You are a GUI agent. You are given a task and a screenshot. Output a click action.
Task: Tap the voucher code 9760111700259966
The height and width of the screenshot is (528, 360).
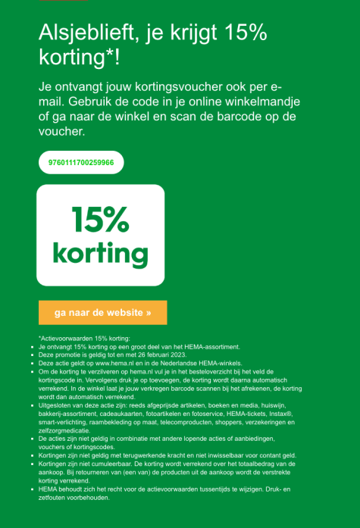[81, 163]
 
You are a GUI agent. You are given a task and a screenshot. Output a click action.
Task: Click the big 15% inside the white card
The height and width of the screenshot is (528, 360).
[100, 220]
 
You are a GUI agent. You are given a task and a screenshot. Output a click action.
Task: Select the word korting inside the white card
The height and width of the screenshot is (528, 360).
[100, 252]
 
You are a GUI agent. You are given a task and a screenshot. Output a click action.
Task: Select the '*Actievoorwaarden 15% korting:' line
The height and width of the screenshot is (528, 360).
[84, 338]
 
